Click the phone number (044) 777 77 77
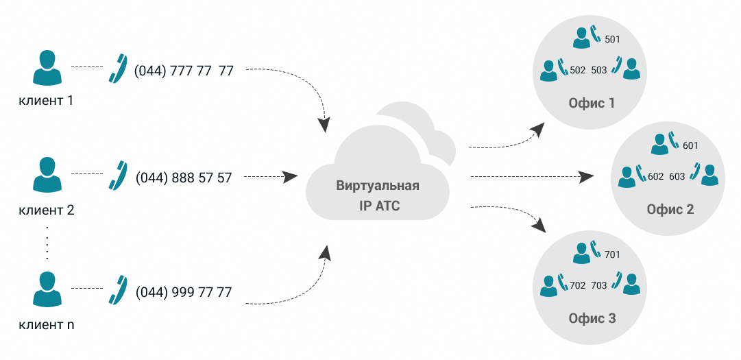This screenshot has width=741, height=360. click(x=184, y=71)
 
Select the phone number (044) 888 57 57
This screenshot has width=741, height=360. click(x=184, y=178)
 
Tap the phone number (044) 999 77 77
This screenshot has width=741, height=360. click(x=184, y=292)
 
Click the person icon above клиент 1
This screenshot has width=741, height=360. click(x=47, y=68)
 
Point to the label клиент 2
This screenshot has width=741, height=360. click(x=47, y=210)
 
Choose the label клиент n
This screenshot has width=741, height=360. click(x=47, y=325)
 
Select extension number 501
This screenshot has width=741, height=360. click(x=612, y=40)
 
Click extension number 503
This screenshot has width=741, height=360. click(x=598, y=70)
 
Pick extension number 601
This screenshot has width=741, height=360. click(x=690, y=146)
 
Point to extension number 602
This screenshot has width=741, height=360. click(x=656, y=176)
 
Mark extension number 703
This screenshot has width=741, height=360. click(x=598, y=285)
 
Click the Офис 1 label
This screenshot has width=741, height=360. click(x=592, y=103)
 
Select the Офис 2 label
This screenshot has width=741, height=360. click(x=670, y=209)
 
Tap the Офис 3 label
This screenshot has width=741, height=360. click(x=592, y=318)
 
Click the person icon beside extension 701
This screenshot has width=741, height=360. click(x=581, y=253)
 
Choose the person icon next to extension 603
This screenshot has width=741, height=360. click(x=709, y=176)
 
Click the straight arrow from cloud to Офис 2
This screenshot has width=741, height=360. click(x=532, y=177)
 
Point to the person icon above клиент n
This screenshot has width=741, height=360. click(x=47, y=289)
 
